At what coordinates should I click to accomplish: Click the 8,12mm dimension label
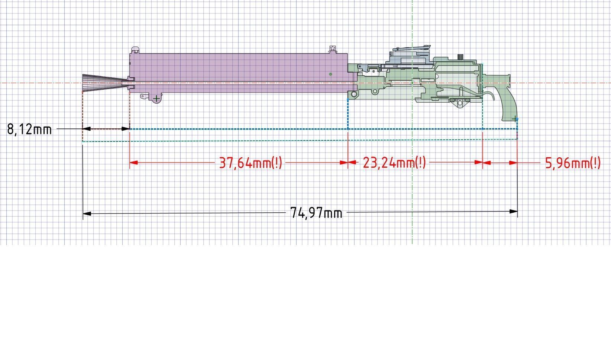[29, 129]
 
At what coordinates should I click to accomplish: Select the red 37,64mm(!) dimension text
[250, 163]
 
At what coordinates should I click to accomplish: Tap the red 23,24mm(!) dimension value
[394, 163]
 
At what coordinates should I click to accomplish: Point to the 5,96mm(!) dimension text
[573, 163]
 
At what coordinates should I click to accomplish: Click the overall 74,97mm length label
[316, 213]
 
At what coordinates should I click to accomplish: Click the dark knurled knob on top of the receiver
[460, 57]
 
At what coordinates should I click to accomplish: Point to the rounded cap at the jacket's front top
[136, 50]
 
